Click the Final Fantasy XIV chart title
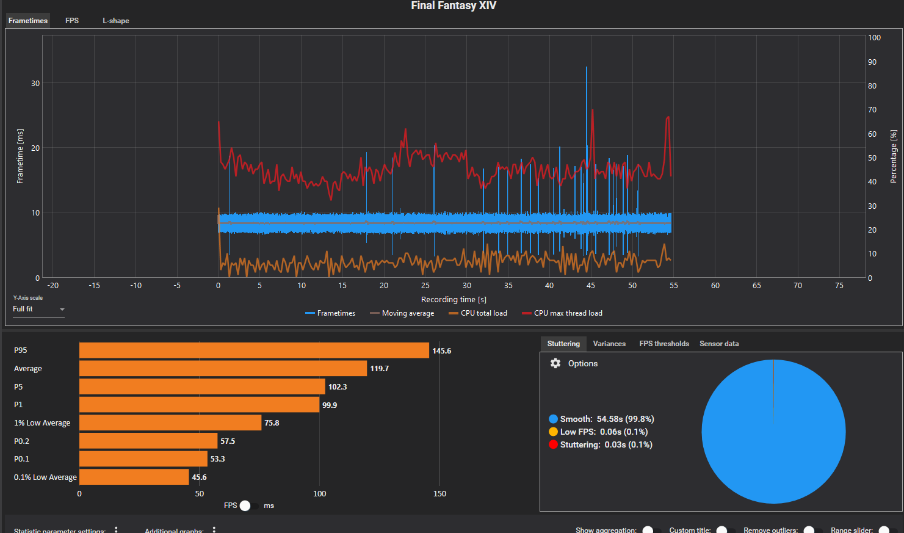pyautogui.click(x=454, y=6)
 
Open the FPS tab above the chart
pyautogui.click(x=72, y=21)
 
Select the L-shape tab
pyautogui.click(x=115, y=21)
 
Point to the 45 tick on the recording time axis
pyautogui.click(x=590, y=285)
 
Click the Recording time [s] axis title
pyautogui.click(x=454, y=299)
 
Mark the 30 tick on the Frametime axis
pyautogui.click(x=35, y=84)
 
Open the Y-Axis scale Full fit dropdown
pyautogui.click(x=38, y=310)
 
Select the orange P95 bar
pyautogui.click(x=254, y=350)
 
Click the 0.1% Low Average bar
pyautogui.click(x=134, y=477)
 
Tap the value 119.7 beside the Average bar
pyautogui.click(x=379, y=369)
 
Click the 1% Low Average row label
pyautogui.click(x=42, y=423)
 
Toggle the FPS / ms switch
pyautogui.click(x=245, y=506)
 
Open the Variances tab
pyautogui.click(x=609, y=344)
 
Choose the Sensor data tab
pyautogui.click(x=719, y=344)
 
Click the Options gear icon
pyautogui.click(x=555, y=363)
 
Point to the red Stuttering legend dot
pyautogui.click(x=553, y=444)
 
